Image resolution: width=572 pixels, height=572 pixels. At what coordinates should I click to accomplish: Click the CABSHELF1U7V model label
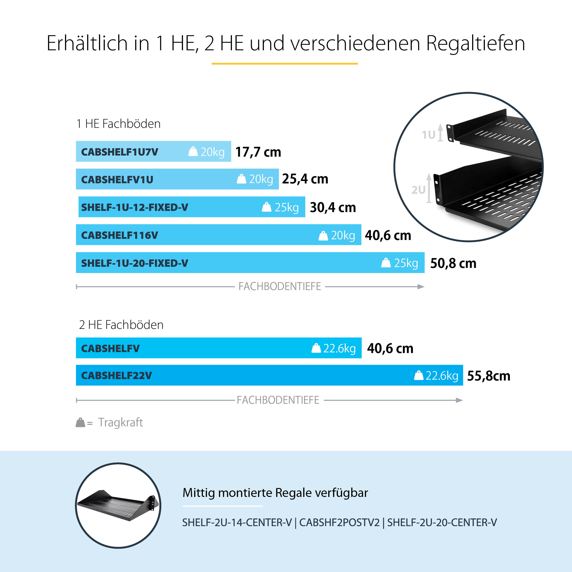(x=120, y=152)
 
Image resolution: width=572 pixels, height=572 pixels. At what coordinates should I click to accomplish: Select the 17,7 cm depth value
(x=258, y=152)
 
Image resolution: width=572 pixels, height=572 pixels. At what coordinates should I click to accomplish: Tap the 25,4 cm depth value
(x=305, y=179)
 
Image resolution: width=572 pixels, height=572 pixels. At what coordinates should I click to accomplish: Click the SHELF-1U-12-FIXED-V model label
(x=135, y=207)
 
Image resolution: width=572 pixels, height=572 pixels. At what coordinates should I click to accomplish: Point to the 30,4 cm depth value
(x=333, y=207)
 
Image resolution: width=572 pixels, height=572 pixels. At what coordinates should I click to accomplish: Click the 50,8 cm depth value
(x=453, y=263)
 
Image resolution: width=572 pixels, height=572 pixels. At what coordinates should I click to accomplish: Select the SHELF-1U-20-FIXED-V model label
(x=135, y=263)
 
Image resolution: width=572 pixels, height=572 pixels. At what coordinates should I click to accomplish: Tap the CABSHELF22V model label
(x=116, y=375)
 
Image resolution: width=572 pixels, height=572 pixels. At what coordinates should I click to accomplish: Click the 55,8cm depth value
(x=488, y=376)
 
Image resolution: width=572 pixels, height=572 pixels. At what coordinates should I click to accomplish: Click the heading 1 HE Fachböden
(x=118, y=124)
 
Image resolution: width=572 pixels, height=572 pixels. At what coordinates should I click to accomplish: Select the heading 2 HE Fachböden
(x=121, y=325)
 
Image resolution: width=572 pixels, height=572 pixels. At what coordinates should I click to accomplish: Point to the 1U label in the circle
(x=428, y=135)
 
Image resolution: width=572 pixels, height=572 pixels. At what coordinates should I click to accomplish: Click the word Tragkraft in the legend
(x=120, y=422)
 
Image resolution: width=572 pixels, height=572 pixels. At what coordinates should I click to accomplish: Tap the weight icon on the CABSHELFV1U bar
(x=241, y=179)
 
